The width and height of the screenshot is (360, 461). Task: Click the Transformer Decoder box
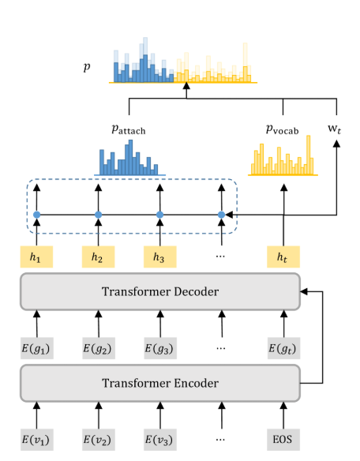coord(160,290)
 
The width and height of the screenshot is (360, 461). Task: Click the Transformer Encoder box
coord(160,384)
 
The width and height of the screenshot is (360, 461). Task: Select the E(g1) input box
coord(36,347)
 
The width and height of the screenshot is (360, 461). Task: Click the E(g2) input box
coord(98,347)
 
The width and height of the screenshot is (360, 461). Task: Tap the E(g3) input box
coord(159,347)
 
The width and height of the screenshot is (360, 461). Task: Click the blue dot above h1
coord(36,215)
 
